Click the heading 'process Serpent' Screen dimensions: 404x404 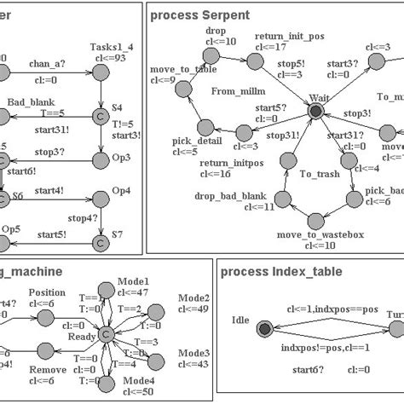click(200, 14)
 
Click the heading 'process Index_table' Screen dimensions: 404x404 click(281, 272)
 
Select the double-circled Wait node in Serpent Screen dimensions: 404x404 click(316, 111)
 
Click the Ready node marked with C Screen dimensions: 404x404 click(107, 335)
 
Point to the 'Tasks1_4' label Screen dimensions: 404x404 click(107, 47)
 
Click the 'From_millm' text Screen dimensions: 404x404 click(234, 90)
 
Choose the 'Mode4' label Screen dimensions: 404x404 click(139, 380)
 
